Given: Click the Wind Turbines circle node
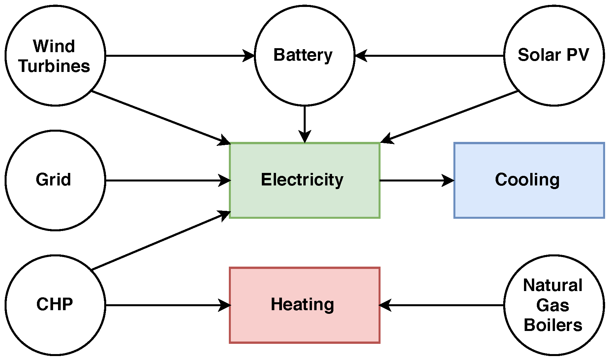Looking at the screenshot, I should pyautogui.click(x=55, y=55).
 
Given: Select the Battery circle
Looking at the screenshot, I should pyautogui.click(x=304, y=55).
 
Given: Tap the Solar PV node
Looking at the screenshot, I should pyautogui.click(x=554, y=55).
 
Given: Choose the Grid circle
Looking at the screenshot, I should pyautogui.click(x=55, y=180).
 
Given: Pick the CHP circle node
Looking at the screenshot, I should pyautogui.click(x=55, y=305).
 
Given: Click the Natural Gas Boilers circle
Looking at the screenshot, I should pyautogui.click(x=554, y=305).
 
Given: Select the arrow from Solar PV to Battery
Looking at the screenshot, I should pyautogui.click(x=429, y=56).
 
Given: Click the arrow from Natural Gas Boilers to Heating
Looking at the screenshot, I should pyautogui.click(x=442, y=305).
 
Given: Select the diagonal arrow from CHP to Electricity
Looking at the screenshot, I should pyautogui.click(x=161, y=241).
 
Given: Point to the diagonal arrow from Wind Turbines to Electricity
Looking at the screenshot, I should pyautogui.click(x=161, y=117).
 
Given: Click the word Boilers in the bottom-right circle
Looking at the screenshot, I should pyautogui.click(x=553, y=325).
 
